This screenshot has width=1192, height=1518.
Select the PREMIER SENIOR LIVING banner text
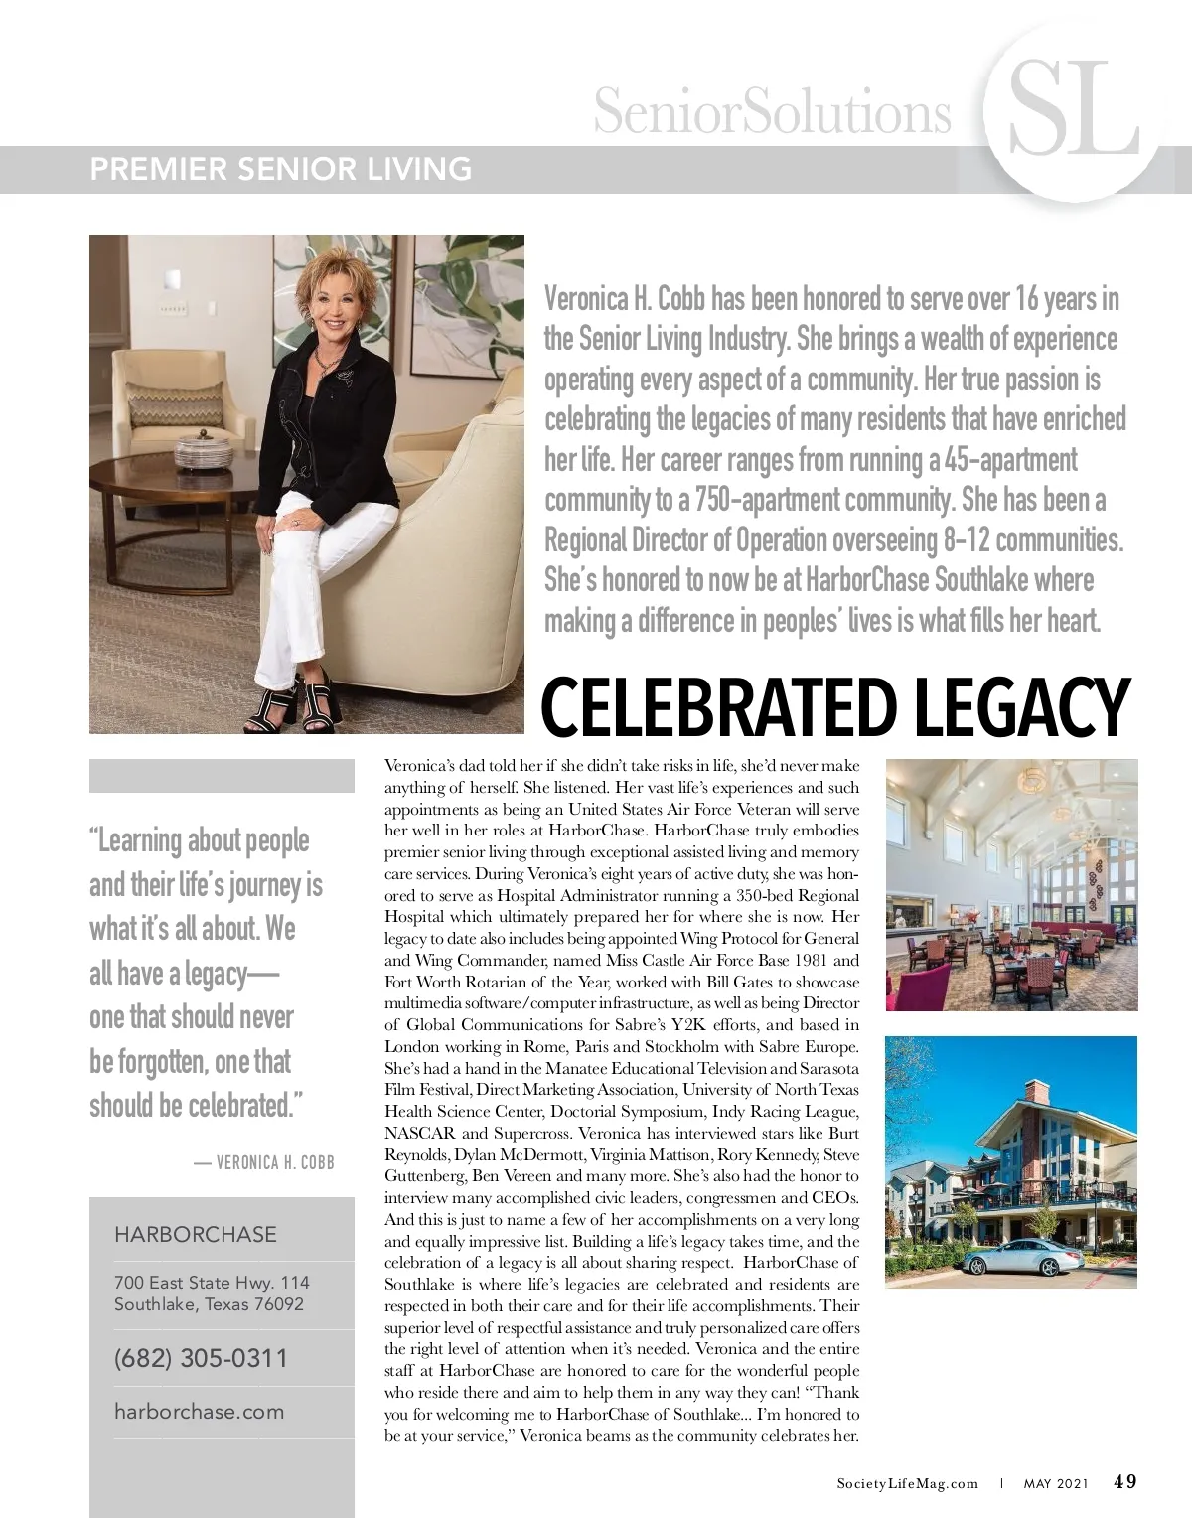pyautogui.click(x=281, y=169)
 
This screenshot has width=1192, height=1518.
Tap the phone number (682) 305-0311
pyautogui.click(x=201, y=1358)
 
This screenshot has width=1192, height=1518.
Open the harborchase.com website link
pyautogui.click(x=199, y=1412)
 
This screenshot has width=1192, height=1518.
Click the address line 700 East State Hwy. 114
pyautogui.click(x=212, y=1284)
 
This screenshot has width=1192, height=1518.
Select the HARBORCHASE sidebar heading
pyautogui.click(x=196, y=1235)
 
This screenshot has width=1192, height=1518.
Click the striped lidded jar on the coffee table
pyautogui.click(x=203, y=451)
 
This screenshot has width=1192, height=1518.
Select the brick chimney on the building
pyautogui.click(x=1033, y=1093)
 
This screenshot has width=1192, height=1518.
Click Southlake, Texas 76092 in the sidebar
pyautogui.click(x=209, y=1304)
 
